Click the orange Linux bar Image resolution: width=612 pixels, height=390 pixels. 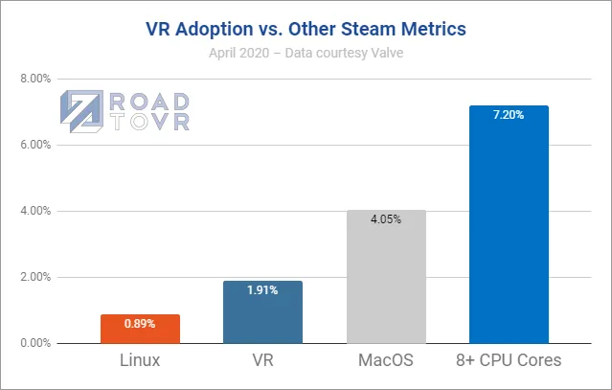click(x=140, y=329)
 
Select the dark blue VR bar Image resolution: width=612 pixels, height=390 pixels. click(x=262, y=312)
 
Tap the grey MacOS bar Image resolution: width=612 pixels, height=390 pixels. click(x=385, y=278)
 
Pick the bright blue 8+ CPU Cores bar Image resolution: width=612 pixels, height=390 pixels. click(x=509, y=225)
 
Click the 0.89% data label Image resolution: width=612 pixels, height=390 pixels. click(x=140, y=323)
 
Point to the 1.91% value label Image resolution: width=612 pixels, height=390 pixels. click(x=262, y=289)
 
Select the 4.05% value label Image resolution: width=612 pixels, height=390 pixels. click(x=385, y=219)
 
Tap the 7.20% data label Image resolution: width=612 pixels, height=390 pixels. click(x=509, y=115)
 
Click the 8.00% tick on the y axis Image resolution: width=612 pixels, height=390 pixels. click(x=35, y=79)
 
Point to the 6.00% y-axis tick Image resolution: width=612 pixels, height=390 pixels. click(x=35, y=145)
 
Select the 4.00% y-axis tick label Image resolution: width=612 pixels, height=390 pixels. click(x=35, y=211)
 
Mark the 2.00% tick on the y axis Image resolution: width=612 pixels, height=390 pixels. click(x=35, y=277)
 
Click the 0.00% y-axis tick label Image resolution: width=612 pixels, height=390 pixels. click(x=35, y=343)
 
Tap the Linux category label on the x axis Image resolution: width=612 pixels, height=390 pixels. click(x=140, y=362)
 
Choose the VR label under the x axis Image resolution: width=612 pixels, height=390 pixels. click(x=262, y=362)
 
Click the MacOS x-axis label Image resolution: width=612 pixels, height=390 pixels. click(x=385, y=362)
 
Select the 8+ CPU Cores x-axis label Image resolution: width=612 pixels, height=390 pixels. click(x=509, y=362)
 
